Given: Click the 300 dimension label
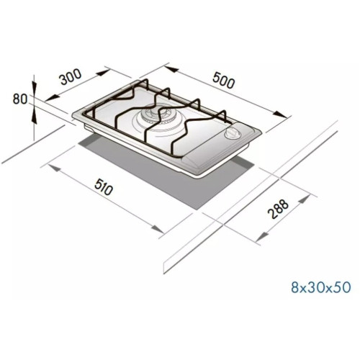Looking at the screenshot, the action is coord(71,77).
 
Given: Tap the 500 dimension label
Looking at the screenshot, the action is coord(223,81).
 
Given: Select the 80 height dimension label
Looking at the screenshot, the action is coord(20,99).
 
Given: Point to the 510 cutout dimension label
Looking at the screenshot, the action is coord(104,186).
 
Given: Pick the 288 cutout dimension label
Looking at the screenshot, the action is coord(278,209).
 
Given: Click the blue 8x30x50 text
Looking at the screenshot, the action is coord(321,287).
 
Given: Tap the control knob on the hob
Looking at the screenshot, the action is coord(230,133).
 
